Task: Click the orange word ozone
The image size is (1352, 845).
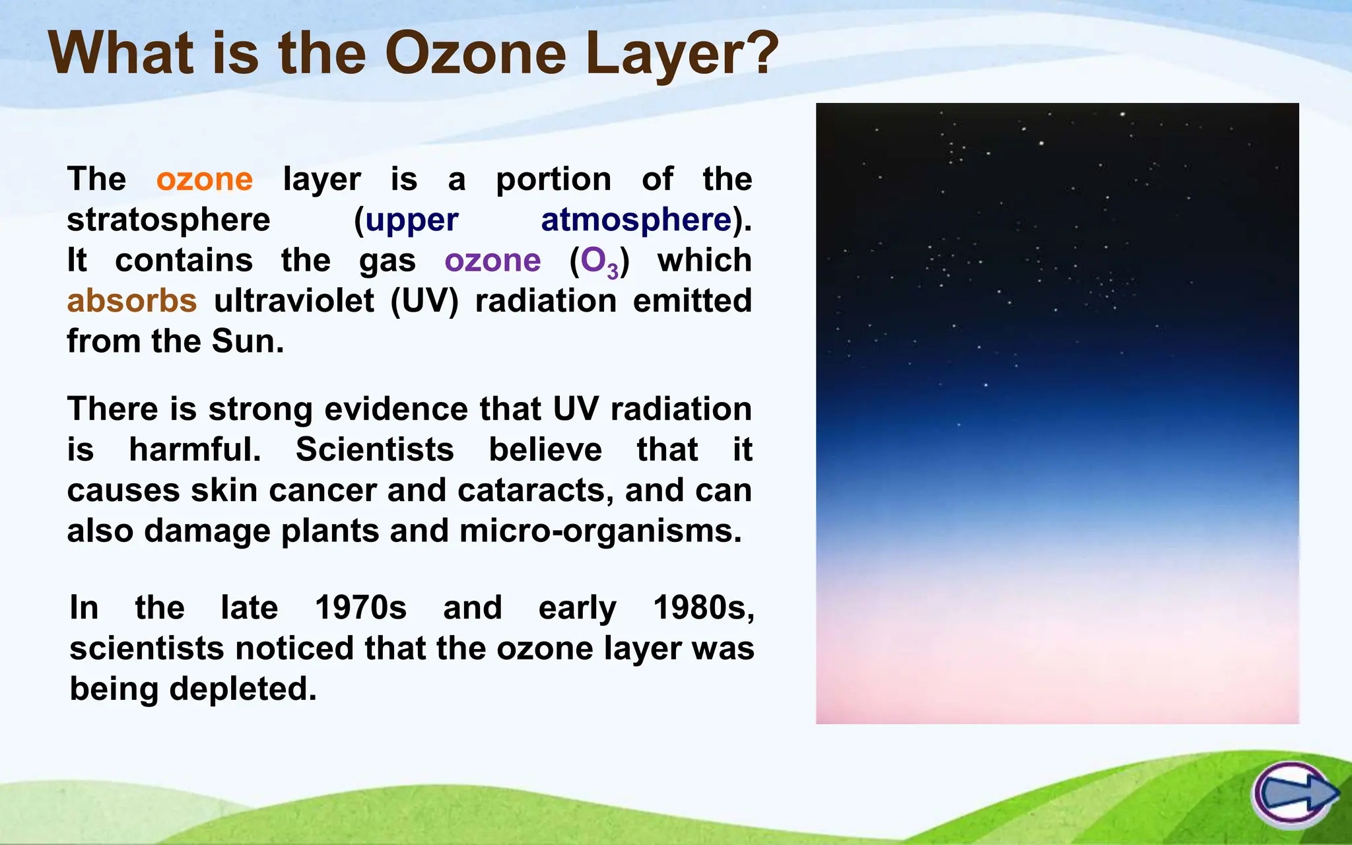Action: pyautogui.click(x=205, y=180)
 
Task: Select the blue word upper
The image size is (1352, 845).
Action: pyautogui.click(x=412, y=220)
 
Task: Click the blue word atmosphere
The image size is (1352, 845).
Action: pyautogui.click(x=636, y=220)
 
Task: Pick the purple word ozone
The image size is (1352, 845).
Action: pyautogui.click(x=492, y=261)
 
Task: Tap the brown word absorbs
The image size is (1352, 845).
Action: pyautogui.click(x=132, y=301)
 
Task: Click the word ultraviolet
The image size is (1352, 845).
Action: pyautogui.click(x=294, y=301)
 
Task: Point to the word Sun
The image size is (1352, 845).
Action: pyautogui.click(x=247, y=341)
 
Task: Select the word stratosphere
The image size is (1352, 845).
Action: pyautogui.click(x=168, y=220)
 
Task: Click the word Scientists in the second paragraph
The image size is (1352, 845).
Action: pyautogui.click(x=374, y=450)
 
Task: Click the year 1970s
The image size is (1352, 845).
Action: pyautogui.click(x=360, y=607)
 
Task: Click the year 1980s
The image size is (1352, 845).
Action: pyautogui.click(x=702, y=607)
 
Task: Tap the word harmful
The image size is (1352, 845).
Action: pyautogui.click(x=195, y=450)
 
